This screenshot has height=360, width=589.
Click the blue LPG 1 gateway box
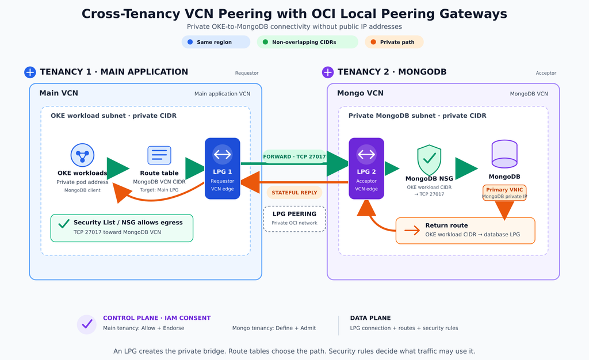click(x=223, y=168)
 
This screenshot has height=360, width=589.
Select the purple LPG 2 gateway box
click(x=366, y=168)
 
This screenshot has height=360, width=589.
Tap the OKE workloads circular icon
click(x=82, y=155)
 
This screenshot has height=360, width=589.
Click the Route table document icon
click(x=159, y=155)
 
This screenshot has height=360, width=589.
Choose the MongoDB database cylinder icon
click(x=504, y=154)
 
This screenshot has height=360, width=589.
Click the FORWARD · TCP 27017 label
click(x=294, y=156)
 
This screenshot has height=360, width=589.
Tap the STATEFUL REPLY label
click(x=294, y=193)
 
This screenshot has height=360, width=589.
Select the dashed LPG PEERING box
click(x=294, y=219)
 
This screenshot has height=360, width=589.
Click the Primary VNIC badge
click(x=504, y=193)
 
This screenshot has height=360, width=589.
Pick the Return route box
click(x=465, y=231)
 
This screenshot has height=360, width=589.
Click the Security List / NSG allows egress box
click(x=122, y=228)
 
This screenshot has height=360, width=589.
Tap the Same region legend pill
click(x=216, y=42)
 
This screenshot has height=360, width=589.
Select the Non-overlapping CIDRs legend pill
click(x=308, y=42)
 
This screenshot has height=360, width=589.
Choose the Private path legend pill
click(x=394, y=42)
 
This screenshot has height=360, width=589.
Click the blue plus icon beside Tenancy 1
click(x=30, y=72)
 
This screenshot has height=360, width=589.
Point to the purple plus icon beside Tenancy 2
click(x=328, y=72)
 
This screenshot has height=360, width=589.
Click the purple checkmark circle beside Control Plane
click(x=87, y=324)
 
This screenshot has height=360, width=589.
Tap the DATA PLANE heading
click(x=370, y=318)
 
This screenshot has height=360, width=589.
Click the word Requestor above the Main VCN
click(x=247, y=73)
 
